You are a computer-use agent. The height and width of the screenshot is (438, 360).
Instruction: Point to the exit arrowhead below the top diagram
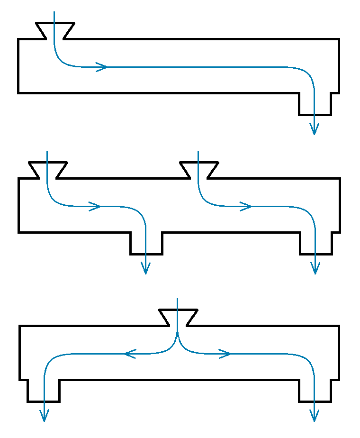(314, 128)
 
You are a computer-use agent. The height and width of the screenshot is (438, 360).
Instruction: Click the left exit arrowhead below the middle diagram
(146, 268)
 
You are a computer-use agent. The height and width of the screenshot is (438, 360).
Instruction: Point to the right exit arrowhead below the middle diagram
(315, 268)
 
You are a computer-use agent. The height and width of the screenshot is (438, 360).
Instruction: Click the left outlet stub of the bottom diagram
(44, 391)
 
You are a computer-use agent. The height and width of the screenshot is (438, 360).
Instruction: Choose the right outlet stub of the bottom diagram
(315, 391)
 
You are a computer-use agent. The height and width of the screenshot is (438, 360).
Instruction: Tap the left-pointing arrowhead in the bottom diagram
(130, 354)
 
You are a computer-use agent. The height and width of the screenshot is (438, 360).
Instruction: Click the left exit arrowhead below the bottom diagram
(44, 416)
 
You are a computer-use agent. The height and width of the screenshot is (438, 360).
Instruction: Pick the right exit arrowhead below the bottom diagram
(314, 416)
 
